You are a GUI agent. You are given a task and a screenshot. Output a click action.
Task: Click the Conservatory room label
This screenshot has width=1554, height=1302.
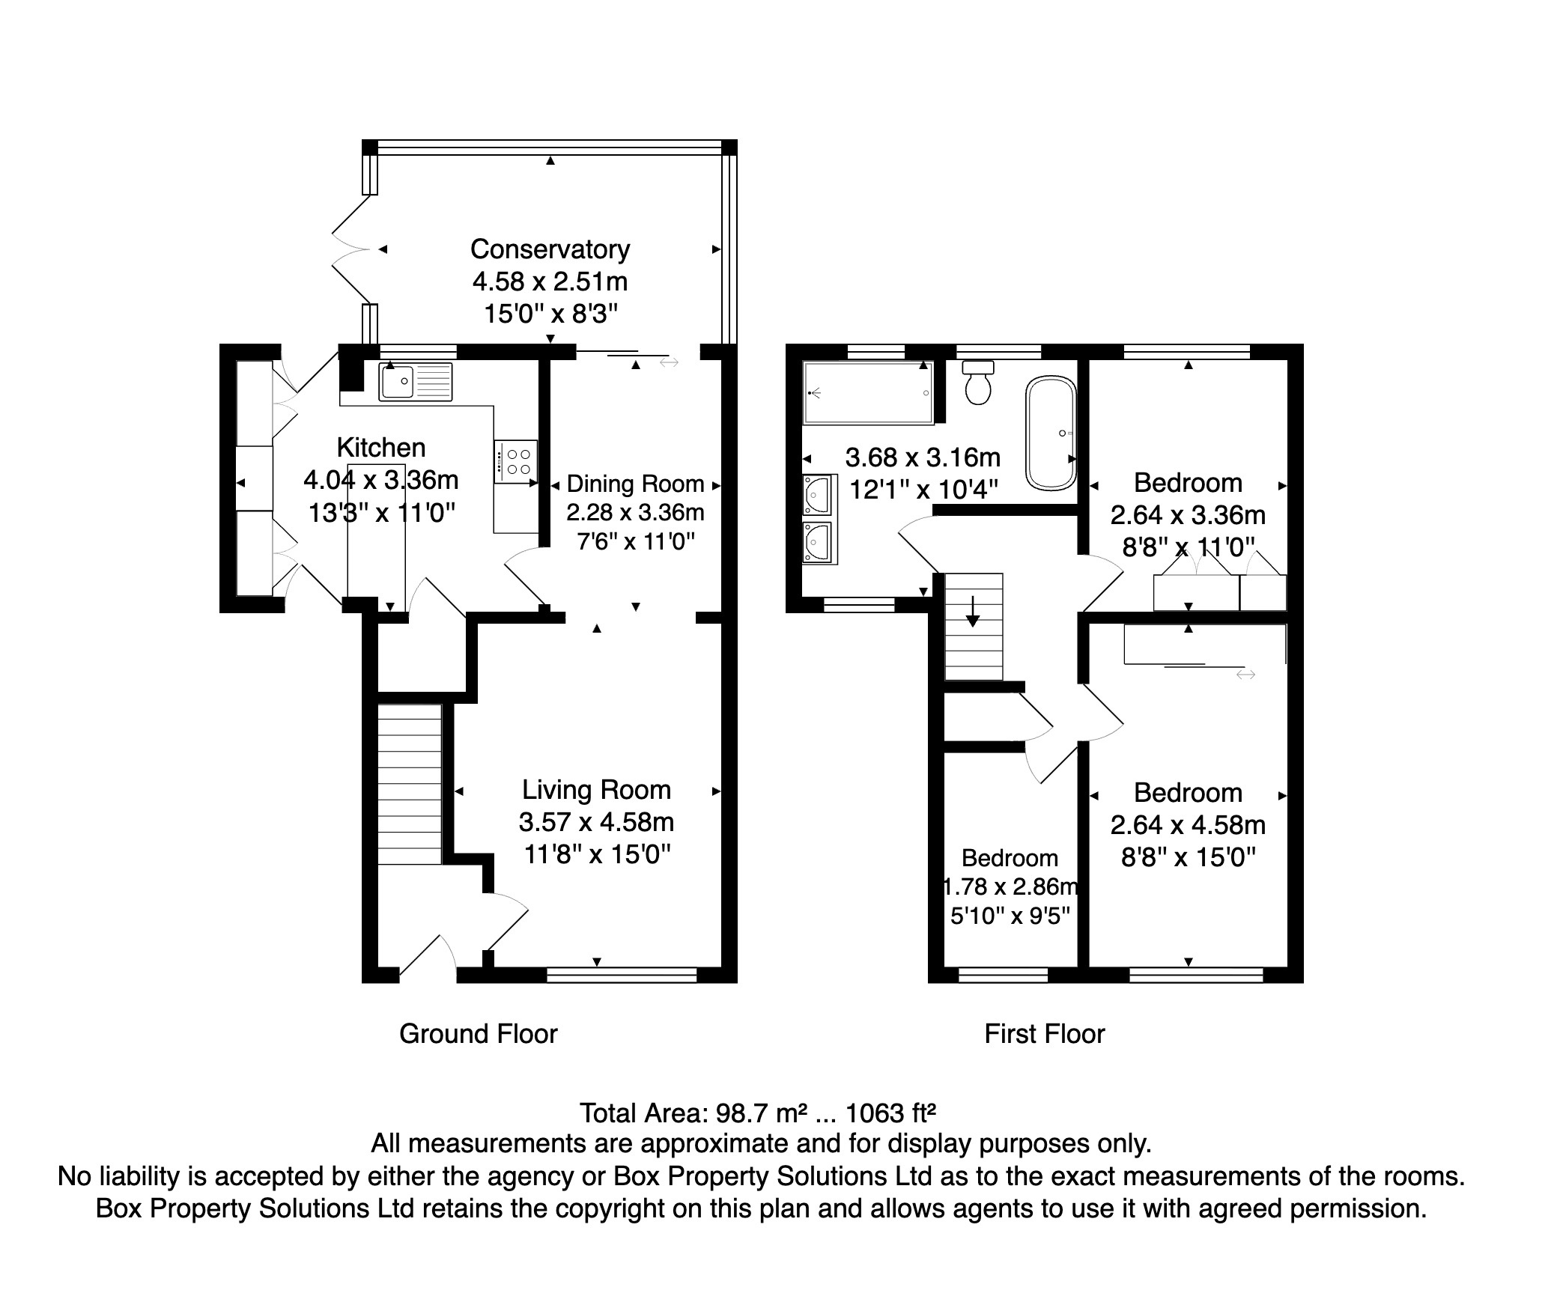click(x=550, y=249)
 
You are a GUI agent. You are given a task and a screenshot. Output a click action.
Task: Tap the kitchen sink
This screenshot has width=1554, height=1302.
click(x=416, y=382)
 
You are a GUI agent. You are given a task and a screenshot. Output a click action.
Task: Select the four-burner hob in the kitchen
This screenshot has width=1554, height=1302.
click(x=515, y=461)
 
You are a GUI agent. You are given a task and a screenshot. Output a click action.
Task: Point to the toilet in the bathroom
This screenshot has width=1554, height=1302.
click(x=978, y=382)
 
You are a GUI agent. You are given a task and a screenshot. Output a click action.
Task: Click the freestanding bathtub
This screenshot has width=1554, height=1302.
click(x=1051, y=434)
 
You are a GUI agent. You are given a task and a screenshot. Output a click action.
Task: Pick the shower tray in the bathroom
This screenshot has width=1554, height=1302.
click(x=868, y=392)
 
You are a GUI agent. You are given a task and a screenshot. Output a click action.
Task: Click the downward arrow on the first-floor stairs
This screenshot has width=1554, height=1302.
click(x=972, y=611)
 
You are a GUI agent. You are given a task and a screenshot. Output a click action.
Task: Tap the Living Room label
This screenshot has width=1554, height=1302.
click(x=596, y=790)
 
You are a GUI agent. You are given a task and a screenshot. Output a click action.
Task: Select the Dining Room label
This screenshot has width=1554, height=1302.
click(x=635, y=484)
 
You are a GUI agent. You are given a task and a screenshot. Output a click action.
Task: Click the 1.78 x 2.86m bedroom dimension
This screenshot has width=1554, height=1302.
click(x=1010, y=887)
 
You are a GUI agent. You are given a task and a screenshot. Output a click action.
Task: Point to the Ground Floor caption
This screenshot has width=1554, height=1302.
click(x=479, y=1034)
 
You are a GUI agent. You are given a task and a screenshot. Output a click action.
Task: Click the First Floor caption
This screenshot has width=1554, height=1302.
click(x=1045, y=1034)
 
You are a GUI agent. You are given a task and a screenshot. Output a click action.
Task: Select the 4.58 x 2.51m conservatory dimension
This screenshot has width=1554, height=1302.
click(x=550, y=282)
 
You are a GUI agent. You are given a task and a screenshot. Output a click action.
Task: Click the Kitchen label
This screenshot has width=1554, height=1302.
click(x=381, y=448)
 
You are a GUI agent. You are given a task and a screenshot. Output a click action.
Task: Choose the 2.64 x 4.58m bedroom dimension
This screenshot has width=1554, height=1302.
click(x=1188, y=825)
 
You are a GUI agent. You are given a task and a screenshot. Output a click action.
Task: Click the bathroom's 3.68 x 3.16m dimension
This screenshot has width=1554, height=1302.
click(x=923, y=457)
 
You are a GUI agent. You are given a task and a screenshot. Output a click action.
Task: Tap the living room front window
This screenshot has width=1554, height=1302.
click(x=622, y=974)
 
